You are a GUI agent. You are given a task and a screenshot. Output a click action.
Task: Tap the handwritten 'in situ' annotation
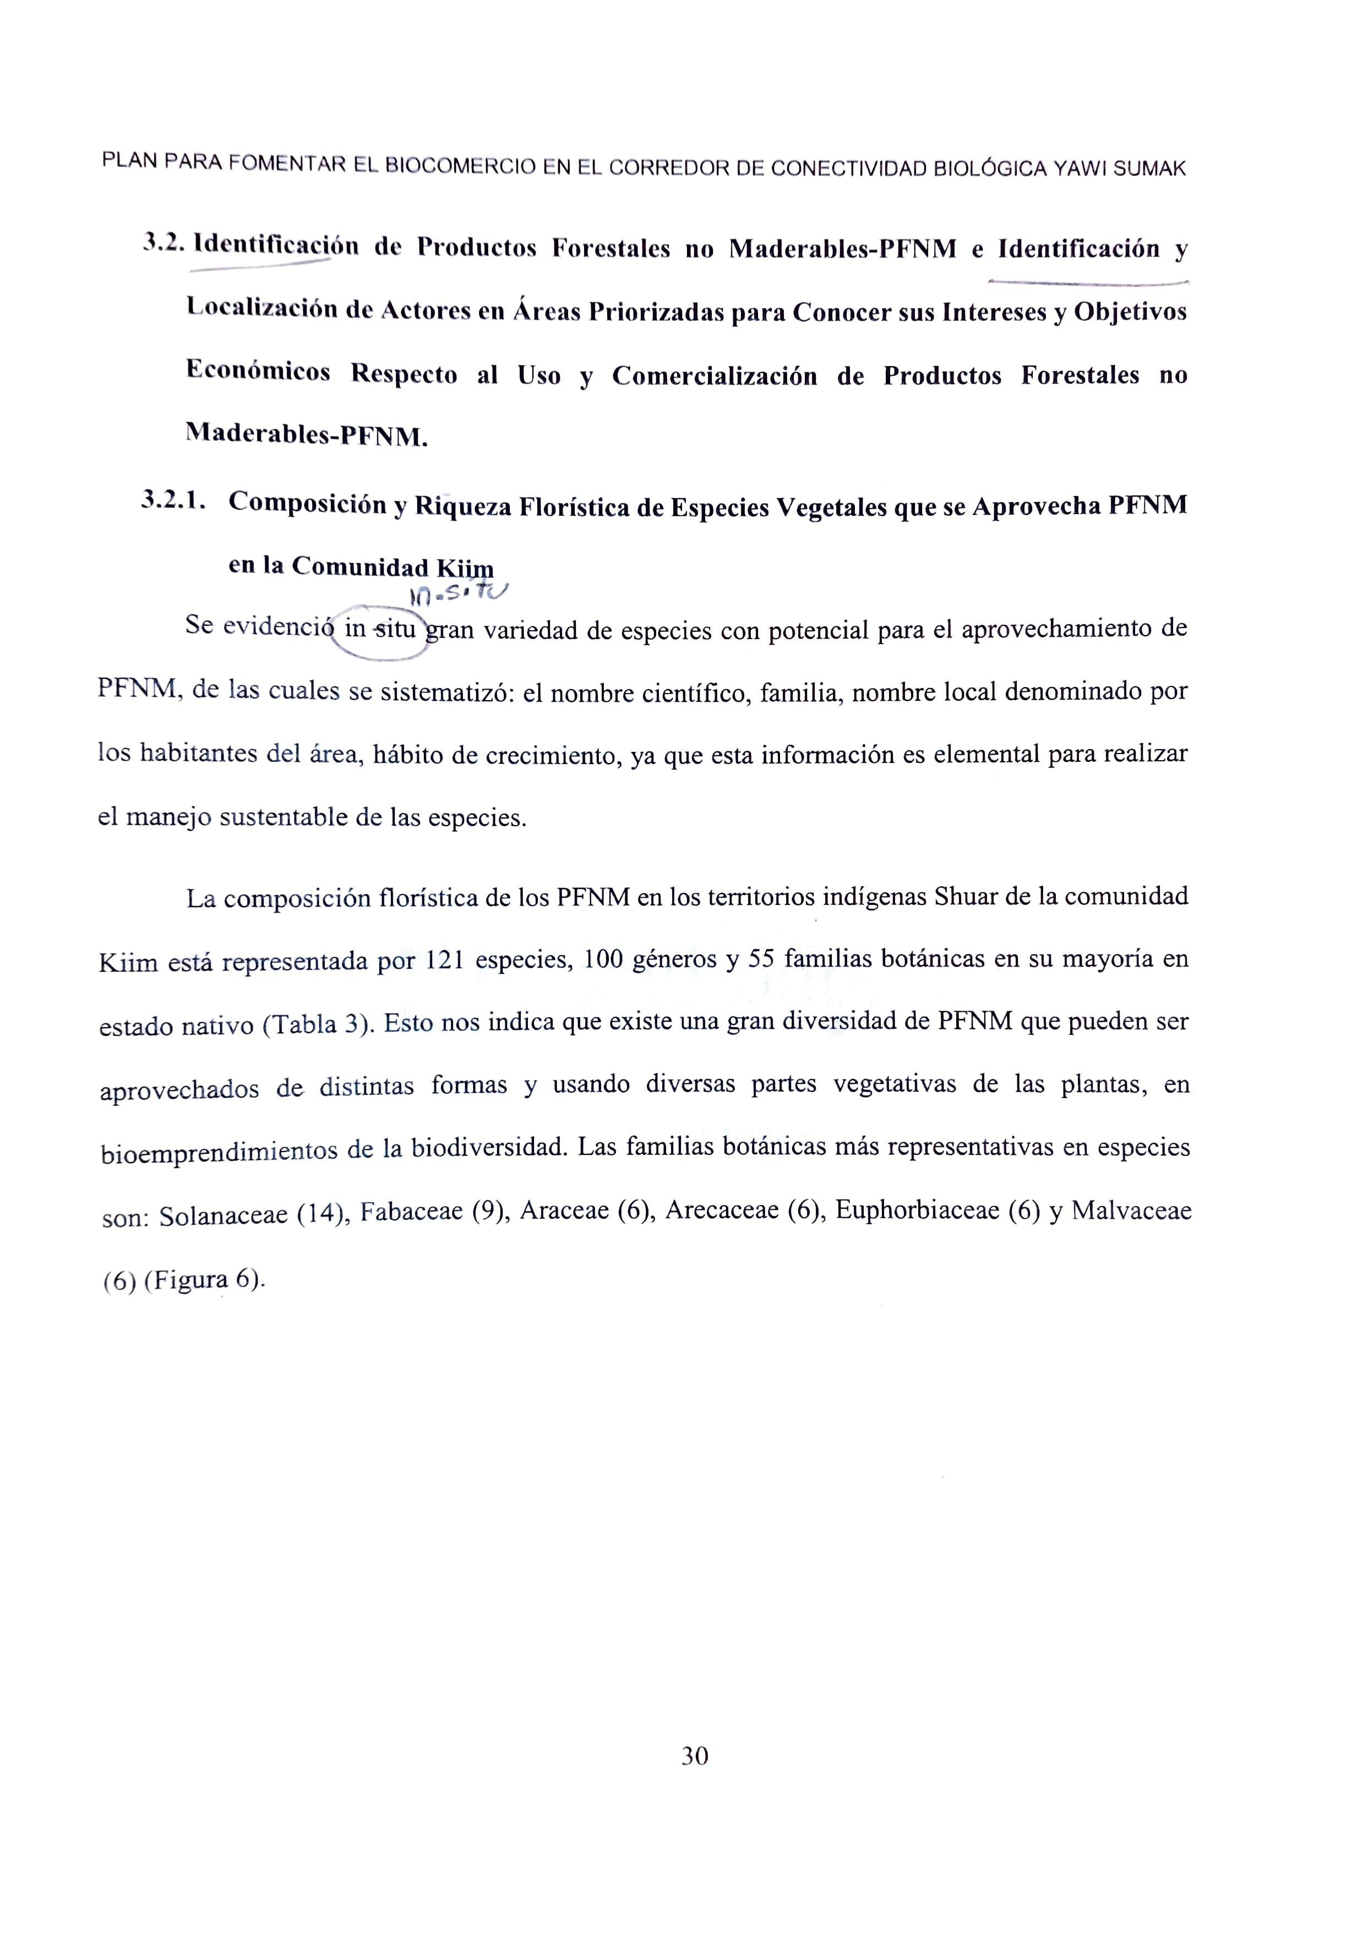coord(457,596)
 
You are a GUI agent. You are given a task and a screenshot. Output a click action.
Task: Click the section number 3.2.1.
coord(173,501)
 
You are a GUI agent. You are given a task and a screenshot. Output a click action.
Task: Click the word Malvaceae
coord(1131,1210)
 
